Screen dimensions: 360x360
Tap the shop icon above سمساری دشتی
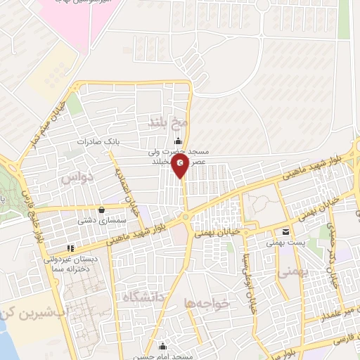point(103,209)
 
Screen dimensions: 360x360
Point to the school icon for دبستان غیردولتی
point(70,248)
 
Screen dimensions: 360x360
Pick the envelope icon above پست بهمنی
point(285,231)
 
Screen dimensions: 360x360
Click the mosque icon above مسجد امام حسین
point(163,345)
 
